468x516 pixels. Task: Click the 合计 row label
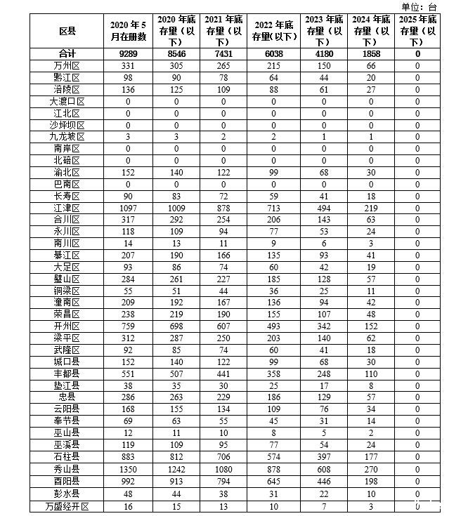pos(67,53)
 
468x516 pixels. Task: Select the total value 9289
pos(129,53)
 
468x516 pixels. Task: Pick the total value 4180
pos(324,53)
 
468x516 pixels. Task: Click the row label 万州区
pos(67,65)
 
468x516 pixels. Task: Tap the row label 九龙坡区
pos(67,137)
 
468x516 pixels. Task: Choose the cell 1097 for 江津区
pos(129,208)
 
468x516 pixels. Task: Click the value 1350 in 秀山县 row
pos(129,469)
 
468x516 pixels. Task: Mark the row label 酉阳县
pos(67,481)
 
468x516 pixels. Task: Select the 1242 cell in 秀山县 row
pos(177,469)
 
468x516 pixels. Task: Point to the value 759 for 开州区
pos(129,326)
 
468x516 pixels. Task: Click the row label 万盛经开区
pos(67,505)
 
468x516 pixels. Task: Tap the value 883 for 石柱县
pos(129,457)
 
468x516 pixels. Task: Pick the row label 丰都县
pos(67,373)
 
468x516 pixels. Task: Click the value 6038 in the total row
pos(275,53)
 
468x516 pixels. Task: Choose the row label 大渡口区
pos(67,101)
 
